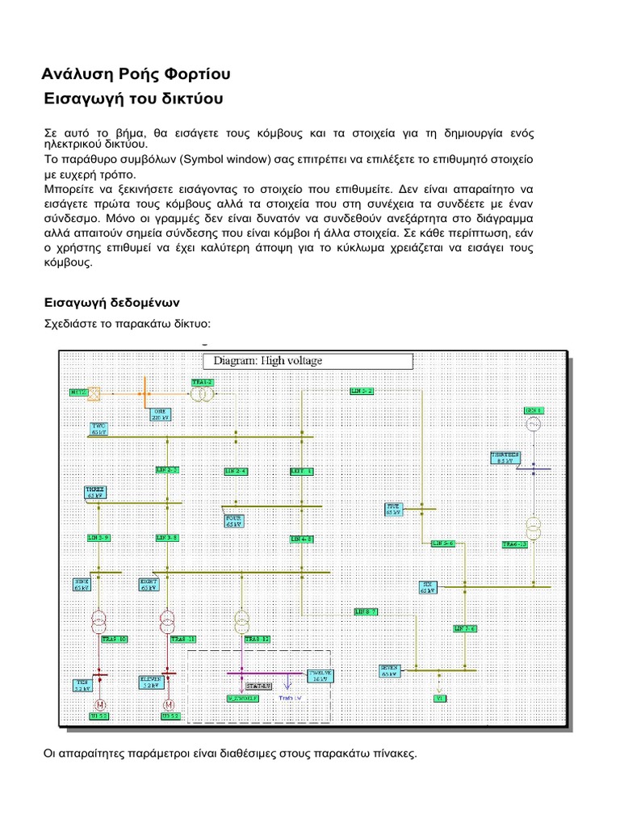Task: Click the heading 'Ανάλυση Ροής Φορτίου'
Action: pos(136,74)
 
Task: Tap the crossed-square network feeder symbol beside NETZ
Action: pos(94,393)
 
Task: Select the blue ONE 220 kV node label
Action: pos(160,413)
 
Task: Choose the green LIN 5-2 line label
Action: pos(361,390)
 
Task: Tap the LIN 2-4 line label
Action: pos(236,470)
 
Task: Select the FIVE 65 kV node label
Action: pos(393,509)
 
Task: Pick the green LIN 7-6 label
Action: pos(465,628)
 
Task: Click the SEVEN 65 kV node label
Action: pos(391,670)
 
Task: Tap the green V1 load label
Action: pos(440,697)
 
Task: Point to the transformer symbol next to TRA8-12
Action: pos(241,621)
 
